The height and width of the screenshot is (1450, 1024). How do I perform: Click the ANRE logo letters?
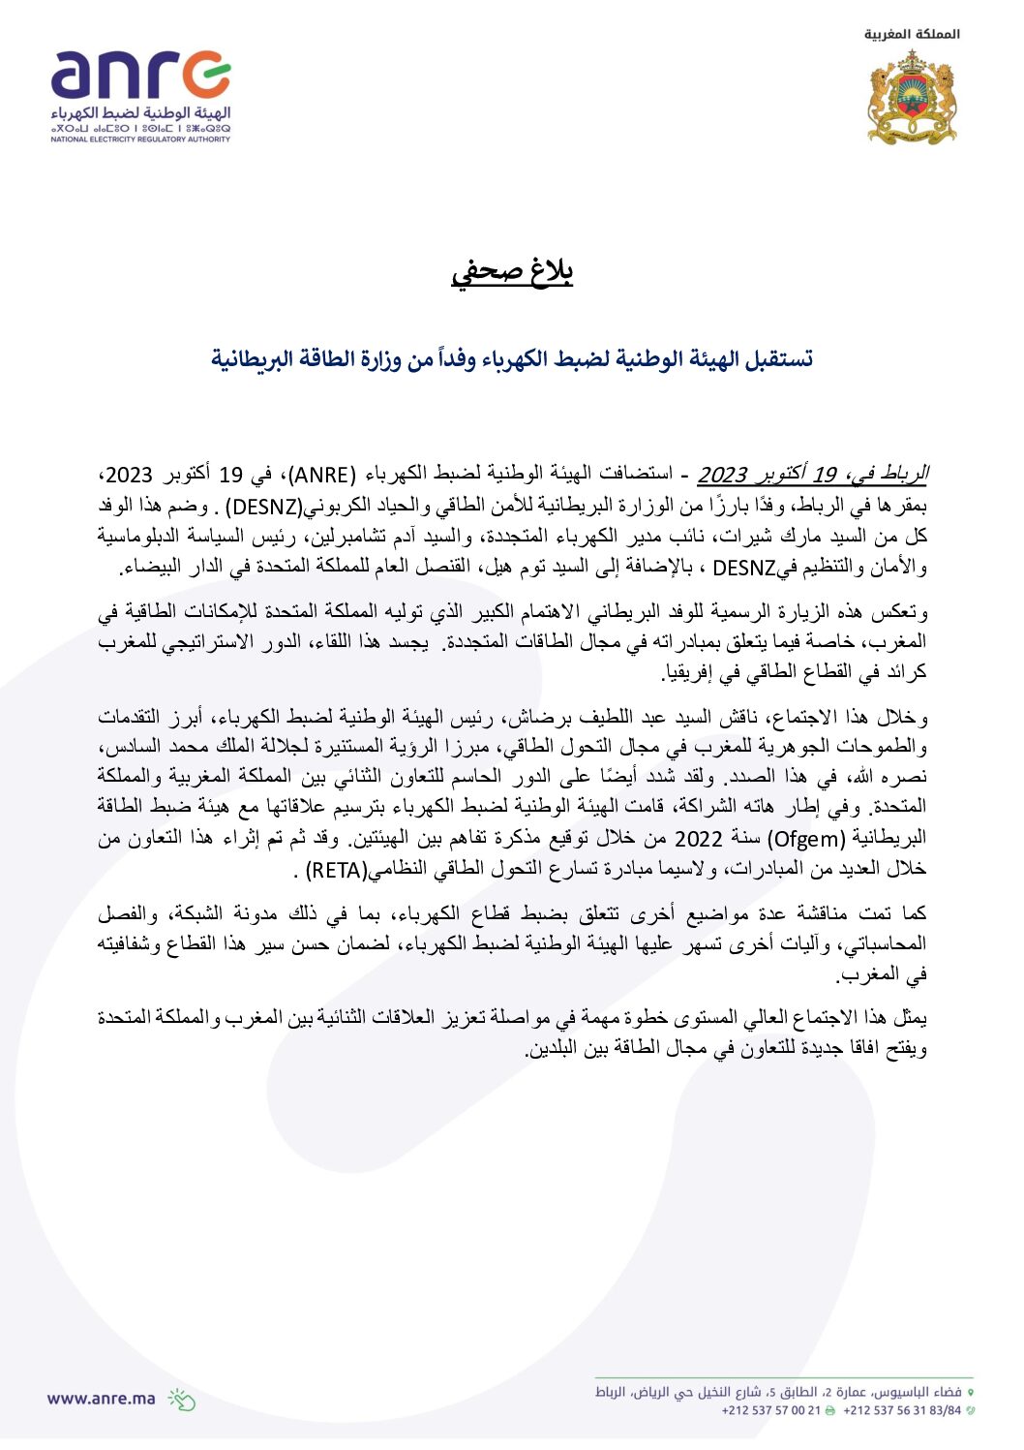tap(140, 77)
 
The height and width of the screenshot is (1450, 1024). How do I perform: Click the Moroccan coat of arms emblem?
tap(912, 98)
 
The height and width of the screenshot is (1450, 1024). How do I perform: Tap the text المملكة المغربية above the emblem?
tap(912, 34)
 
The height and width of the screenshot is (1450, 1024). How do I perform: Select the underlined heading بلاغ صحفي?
tap(512, 271)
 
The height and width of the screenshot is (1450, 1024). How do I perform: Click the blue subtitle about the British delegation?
tap(512, 359)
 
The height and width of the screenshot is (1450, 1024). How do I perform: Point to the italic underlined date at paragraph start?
tap(813, 475)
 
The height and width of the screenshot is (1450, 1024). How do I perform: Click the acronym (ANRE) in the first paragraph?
tap(322, 475)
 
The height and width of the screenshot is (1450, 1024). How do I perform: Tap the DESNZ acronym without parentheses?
tap(744, 568)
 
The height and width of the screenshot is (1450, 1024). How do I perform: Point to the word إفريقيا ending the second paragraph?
tap(682, 671)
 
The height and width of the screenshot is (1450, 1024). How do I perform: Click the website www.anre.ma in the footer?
tap(101, 1398)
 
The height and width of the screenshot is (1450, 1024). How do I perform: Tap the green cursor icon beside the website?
tap(181, 1399)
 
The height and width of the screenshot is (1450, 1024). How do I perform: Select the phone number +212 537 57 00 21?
tap(770, 1410)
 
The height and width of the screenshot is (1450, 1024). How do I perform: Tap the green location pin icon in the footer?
tap(971, 1392)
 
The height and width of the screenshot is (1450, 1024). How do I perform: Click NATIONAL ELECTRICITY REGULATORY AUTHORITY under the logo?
tap(140, 139)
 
